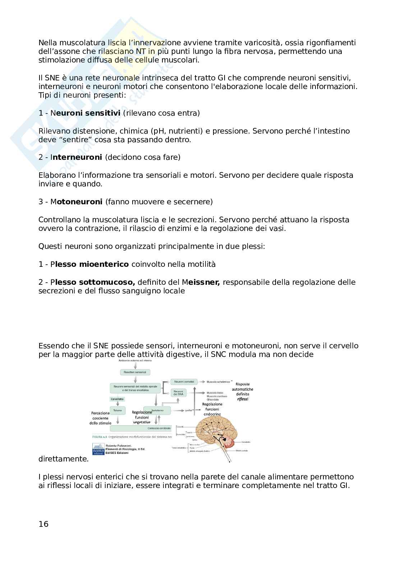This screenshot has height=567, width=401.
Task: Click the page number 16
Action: pyautogui.click(x=43, y=524)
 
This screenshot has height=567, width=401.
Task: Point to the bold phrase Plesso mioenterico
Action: pyautogui.click(x=90, y=264)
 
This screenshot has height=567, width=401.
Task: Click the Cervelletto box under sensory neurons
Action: pyautogui.click(x=117, y=399)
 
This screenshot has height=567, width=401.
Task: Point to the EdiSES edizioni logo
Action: pyautogui.click(x=97, y=449)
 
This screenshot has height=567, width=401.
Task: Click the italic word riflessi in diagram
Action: pyautogui.click(x=243, y=399)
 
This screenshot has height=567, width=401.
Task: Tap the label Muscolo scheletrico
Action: pyautogui.click(x=218, y=382)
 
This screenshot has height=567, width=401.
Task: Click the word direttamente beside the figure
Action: pyautogui.click(x=63, y=459)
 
